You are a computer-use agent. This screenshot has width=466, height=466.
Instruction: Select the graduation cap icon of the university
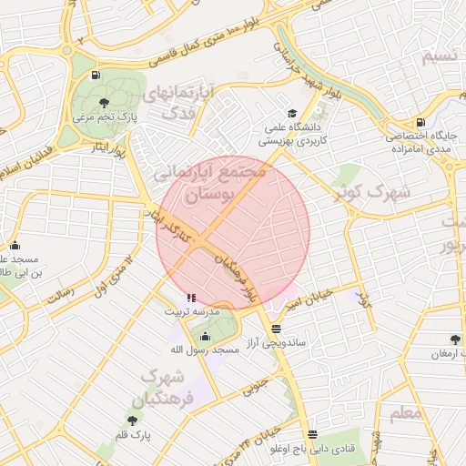[292, 114]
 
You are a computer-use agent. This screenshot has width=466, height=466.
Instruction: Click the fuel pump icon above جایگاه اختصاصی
[419, 123]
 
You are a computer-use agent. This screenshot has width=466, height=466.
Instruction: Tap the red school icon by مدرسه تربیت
[190, 298]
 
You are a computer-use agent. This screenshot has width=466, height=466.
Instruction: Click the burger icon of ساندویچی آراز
[276, 329]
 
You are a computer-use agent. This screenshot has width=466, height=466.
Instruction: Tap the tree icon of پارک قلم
[133, 420]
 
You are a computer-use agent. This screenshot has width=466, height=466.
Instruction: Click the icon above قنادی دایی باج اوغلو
[313, 434]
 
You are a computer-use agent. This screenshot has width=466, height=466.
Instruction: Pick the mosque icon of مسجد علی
[15, 245]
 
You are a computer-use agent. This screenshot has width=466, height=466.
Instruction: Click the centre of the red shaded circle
[233, 232]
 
